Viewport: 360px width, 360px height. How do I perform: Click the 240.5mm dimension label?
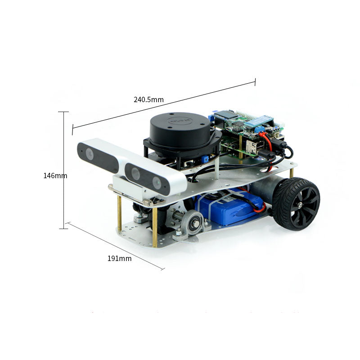148,99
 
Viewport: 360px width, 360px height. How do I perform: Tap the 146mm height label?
55,175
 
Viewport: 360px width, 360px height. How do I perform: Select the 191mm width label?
119,258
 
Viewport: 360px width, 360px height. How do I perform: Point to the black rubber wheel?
296,204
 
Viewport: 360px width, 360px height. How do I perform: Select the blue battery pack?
229,206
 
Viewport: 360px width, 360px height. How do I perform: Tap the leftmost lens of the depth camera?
90,154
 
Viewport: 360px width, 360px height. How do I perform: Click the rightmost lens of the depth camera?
157,183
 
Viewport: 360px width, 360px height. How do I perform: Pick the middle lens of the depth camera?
135,174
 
